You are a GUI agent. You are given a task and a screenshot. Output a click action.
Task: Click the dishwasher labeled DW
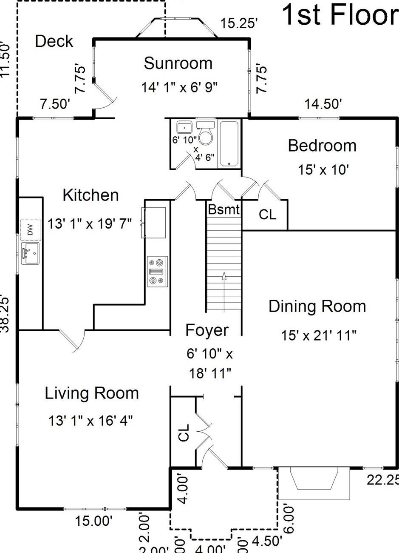(x=30, y=230)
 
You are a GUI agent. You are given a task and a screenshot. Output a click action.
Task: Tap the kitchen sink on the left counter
(x=30, y=253)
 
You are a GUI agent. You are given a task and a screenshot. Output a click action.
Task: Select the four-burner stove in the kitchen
(x=157, y=272)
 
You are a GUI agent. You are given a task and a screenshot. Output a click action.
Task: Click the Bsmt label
(x=224, y=209)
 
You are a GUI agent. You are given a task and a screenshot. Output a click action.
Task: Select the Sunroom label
(x=178, y=63)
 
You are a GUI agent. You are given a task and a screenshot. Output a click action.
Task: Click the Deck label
(x=54, y=41)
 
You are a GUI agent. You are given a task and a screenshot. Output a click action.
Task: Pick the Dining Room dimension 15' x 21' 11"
(x=318, y=335)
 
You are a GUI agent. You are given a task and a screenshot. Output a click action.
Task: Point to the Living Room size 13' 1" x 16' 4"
(x=91, y=421)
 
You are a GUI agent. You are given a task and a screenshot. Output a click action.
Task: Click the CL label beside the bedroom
(x=268, y=215)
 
